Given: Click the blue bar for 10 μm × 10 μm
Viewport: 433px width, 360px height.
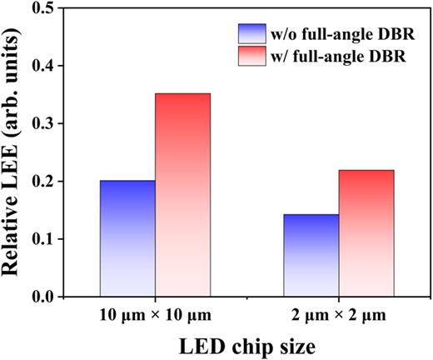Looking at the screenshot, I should click(x=127, y=238).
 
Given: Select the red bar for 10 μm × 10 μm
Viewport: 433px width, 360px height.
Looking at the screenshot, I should click(x=182, y=195).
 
